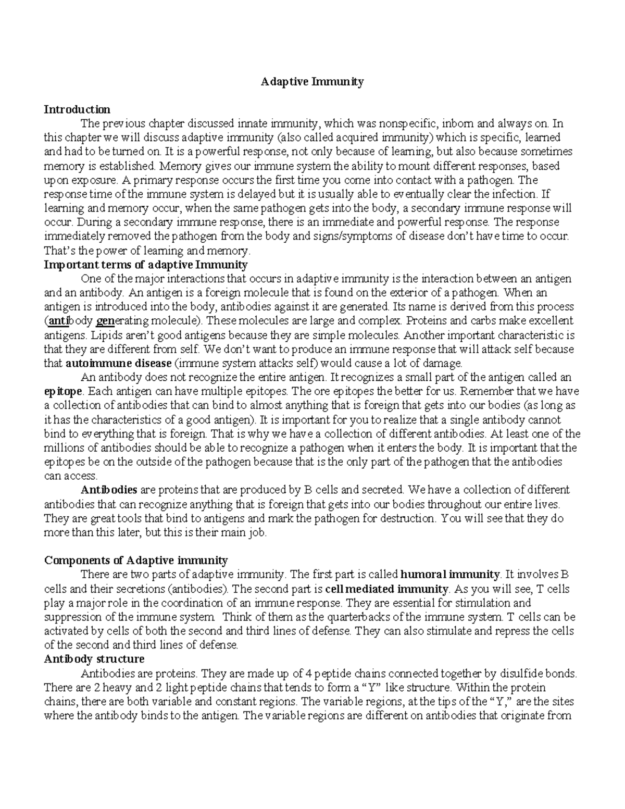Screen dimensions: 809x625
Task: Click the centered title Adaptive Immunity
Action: point(312,82)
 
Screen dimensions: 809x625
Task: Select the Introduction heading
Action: point(77,109)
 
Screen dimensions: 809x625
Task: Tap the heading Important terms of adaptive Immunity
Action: point(146,265)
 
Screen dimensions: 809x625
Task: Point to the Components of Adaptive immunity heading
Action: point(136,561)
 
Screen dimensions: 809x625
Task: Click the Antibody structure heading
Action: point(94,659)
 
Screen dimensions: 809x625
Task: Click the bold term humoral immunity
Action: point(449,575)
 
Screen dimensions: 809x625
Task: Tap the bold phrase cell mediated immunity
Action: point(386,589)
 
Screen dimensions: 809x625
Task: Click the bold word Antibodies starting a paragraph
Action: point(109,490)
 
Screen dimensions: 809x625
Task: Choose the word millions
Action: point(64,448)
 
